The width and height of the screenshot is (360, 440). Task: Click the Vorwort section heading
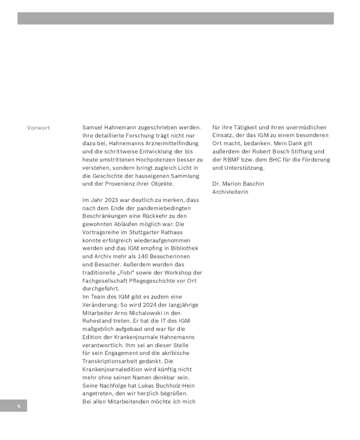tap(38, 128)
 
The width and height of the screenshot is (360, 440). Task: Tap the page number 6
tap(19, 406)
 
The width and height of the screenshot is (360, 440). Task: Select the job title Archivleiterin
tap(230, 192)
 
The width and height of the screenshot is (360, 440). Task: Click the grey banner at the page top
tap(175, 19)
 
